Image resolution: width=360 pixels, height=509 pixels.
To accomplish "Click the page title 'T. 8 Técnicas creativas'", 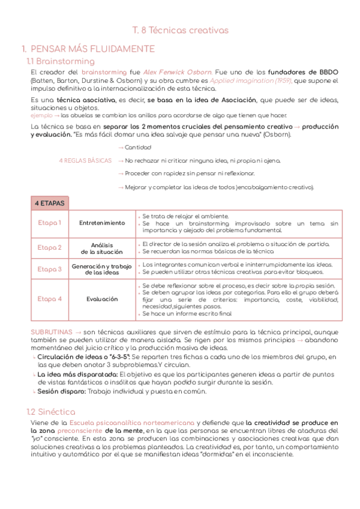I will [x=180, y=29].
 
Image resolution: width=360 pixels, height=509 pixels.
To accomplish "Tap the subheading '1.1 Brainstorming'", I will [x=61, y=61].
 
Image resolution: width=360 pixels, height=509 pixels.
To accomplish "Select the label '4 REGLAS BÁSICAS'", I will [x=85, y=161].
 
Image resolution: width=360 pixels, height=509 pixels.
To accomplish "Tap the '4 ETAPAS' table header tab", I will [x=50, y=203].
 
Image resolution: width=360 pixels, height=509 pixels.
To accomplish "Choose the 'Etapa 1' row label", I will [x=50, y=223].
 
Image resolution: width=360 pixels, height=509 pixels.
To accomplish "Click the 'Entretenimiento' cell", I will [x=102, y=223].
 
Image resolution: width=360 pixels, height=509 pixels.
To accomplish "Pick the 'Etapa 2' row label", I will [x=50, y=247].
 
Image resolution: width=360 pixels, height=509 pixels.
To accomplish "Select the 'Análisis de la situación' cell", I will [x=102, y=248].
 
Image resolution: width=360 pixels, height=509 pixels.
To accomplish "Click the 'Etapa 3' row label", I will [x=50, y=270].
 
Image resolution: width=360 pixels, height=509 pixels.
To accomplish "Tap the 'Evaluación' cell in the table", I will [x=102, y=299].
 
